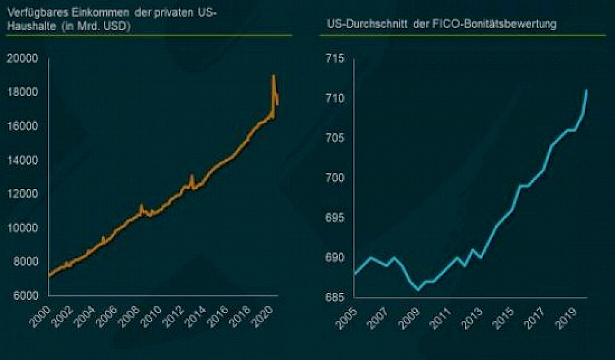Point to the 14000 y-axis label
coord(24,160)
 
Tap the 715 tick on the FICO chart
coord(334,59)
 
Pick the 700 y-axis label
coord(334,178)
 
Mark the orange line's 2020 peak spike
coord(274,76)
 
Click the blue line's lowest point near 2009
coord(418,290)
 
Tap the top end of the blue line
coord(587,90)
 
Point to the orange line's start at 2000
coord(49,275)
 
